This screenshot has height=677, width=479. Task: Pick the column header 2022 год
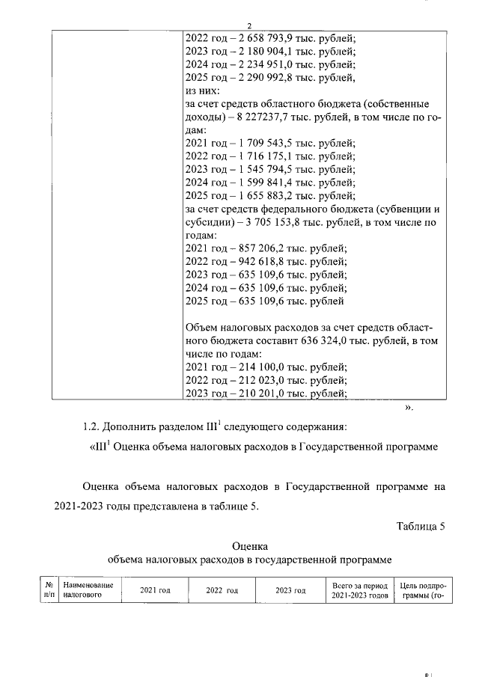222,590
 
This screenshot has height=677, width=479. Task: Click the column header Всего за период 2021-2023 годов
359,590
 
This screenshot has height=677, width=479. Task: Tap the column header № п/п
49,590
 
